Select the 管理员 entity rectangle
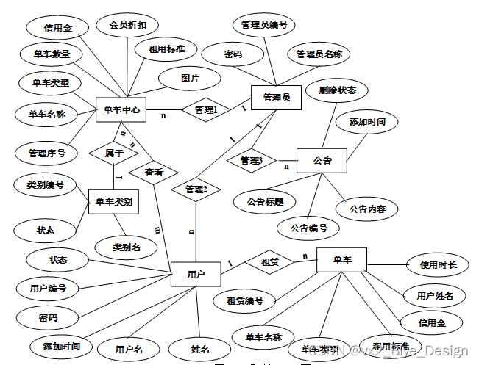click(276, 98)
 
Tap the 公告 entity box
click(322, 160)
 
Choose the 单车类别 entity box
click(114, 202)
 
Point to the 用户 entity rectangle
click(196, 275)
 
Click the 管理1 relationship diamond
click(207, 111)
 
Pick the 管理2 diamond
click(196, 189)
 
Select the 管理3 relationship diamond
click(251, 159)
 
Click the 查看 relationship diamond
click(154, 173)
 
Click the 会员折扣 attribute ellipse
click(127, 25)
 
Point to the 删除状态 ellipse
click(338, 90)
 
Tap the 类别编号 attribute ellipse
click(45, 185)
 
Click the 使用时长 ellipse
click(438, 264)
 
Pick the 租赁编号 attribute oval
click(245, 300)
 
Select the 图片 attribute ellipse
click(190, 77)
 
